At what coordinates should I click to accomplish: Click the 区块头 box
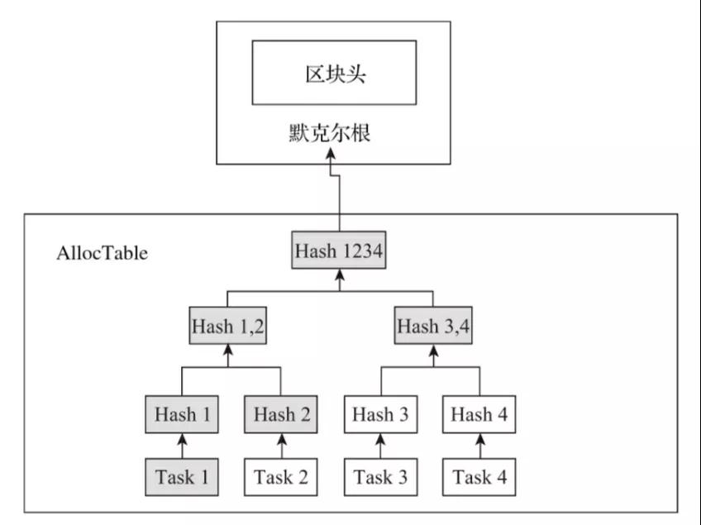pos(335,73)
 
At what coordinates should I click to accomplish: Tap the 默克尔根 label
pos(330,133)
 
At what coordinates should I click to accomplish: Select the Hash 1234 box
pos(339,250)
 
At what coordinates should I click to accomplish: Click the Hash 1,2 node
pos(228,326)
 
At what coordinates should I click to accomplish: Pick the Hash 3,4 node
pos(433,326)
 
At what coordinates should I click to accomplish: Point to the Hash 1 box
pos(182,414)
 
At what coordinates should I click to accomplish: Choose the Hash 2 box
pos(281,414)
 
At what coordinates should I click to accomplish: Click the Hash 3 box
pos(380,414)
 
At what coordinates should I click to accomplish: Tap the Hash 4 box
pos(479,414)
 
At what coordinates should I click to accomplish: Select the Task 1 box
pos(182,477)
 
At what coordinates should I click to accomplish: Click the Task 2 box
pos(281,477)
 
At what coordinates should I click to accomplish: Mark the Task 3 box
pos(380,477)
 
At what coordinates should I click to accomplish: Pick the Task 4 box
pos(479,477)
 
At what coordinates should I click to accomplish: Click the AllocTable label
pos(102,253)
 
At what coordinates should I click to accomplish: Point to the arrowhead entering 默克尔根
pos(331,155)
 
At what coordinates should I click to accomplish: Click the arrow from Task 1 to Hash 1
pos(182,446)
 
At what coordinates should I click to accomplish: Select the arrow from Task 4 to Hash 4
pos(480,446)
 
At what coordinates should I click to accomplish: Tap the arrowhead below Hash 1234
pos(339,274)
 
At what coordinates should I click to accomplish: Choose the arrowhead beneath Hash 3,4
pos(433,351)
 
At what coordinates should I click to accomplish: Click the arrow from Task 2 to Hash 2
pos(282,446)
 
